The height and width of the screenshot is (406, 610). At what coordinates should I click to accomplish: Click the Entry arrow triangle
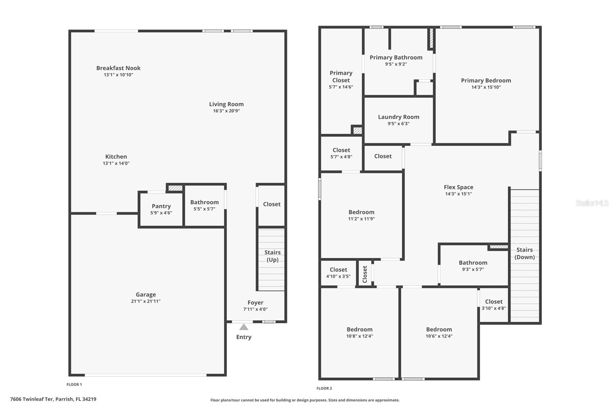click(x=244, y=327)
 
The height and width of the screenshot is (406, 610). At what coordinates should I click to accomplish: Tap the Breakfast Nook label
click(x=118, y=68)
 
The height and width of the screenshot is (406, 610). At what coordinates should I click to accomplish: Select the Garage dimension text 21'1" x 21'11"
click(x=146, y=301)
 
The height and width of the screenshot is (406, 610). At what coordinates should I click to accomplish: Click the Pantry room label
click(x=161, y=206)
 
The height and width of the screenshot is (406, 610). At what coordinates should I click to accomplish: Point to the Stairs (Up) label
click(x=272, y=256)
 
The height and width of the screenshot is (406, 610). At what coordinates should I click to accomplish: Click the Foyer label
click(x=255, y=302)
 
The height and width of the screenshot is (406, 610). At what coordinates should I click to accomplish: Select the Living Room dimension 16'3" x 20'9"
click(x=226, y=111)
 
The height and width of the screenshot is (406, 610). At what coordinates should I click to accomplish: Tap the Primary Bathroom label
click(x=396, y=58)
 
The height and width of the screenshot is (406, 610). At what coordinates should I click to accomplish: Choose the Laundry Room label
click(x=398, y=117)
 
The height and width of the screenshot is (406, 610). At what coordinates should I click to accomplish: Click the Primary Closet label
click(x=341, y=77)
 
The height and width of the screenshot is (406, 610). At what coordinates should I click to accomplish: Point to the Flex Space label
click(x=458, y=187)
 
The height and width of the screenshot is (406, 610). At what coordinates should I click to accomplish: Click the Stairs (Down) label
click(x=524, y=253)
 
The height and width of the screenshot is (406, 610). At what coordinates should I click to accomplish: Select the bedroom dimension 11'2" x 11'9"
click(x=361, y=219)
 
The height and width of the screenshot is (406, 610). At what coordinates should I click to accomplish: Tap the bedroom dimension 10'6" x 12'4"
click(x=439, y=336)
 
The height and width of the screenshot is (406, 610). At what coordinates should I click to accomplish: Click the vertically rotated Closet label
click(x=365, y=274)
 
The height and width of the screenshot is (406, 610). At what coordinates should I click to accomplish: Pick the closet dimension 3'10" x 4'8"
click(x=494, y=308)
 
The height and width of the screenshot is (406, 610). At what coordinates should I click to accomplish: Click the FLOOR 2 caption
click(x=324, y=388)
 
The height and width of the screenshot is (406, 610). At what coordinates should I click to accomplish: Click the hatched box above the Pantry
click(x=175, y=188)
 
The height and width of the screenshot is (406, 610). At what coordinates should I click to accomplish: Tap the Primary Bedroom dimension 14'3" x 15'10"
click(x=486, y=87)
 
